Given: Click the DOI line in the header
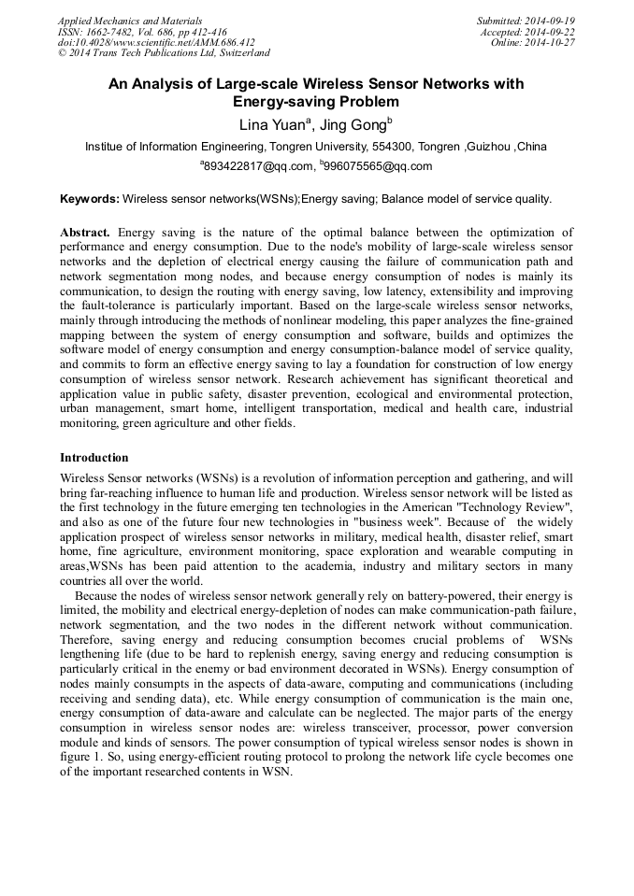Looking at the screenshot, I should tap(156, 43).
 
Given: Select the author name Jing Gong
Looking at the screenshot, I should tap(354, 123).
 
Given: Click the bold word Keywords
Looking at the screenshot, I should tap(89, 198).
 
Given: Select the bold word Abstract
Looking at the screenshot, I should tap(85, 232).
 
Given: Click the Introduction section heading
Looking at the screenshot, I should tap(94, 458).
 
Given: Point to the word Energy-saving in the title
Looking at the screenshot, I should tap(278, 102).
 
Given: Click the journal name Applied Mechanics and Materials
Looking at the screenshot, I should tap(129, 21).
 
